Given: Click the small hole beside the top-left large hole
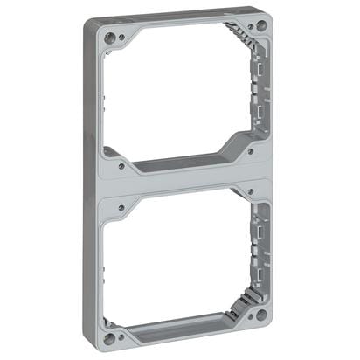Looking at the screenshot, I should click(x=121, y=38).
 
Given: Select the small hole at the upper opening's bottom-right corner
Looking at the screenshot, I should click(x=251, y=150).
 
